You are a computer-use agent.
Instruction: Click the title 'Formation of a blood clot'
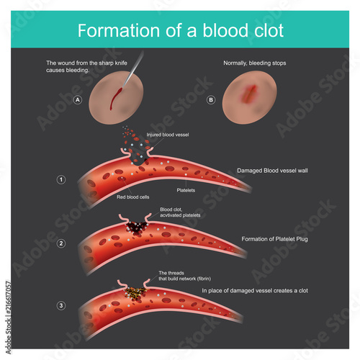click(x=180, y=31)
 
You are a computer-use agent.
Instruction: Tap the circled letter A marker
click(x=78, y=101)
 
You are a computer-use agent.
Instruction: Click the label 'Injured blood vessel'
click(x=168, y=135)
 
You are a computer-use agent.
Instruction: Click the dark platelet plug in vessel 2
click(x=134, y=228)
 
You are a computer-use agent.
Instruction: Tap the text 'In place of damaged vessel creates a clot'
click(x=255, y=291)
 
